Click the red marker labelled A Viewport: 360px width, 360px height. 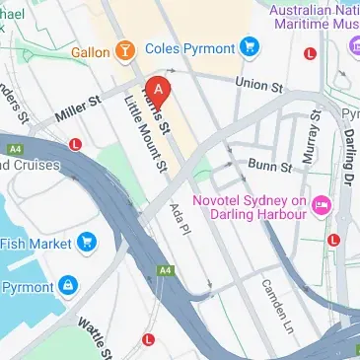point(160,89)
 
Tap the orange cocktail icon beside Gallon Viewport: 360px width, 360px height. point(125,49)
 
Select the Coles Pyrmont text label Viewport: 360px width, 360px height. point(189,46)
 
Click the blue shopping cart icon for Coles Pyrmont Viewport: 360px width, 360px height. point(251,45)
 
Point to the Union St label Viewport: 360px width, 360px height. point(258,87)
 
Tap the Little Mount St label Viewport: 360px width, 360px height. point(144,140)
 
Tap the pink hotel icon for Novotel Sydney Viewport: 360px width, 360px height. point(322,204)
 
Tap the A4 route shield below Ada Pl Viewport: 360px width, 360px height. point(172,293)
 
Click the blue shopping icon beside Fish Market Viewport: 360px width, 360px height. point(87,240)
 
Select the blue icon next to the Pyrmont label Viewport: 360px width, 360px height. point(67,286)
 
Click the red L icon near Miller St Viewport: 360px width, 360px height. point(75,144)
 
